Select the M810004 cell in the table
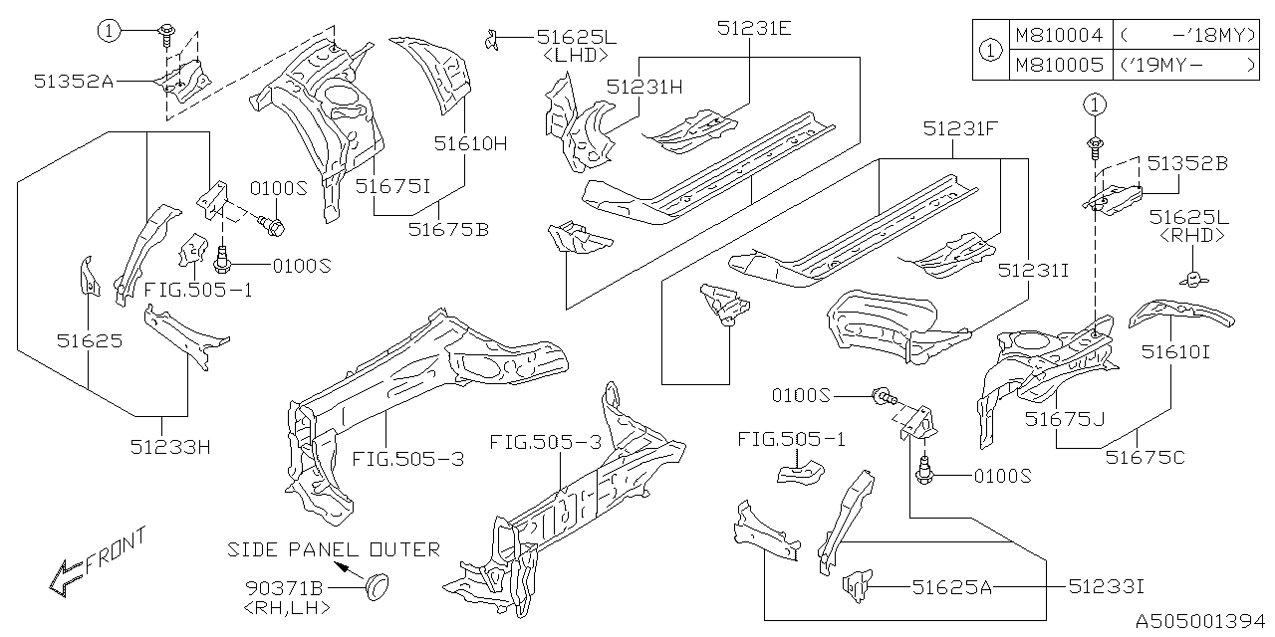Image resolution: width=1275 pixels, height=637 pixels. coord(1058,35)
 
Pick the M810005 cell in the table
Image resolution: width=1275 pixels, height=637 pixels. coord(1058,65)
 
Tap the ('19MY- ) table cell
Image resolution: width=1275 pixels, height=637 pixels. coord(1185,65)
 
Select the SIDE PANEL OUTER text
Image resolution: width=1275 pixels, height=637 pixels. coord(334,550)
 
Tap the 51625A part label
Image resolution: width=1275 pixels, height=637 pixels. coord(952,587)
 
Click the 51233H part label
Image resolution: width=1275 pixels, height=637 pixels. coord(170,447)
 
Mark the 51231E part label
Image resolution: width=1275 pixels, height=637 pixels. coord(754,29)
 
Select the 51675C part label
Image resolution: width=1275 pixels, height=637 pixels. coord(1146,457)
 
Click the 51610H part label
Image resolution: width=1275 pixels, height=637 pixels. coord(470,143)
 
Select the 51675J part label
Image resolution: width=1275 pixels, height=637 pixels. coord(1065,420)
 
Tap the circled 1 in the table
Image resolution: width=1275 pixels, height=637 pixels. coord(990,50)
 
